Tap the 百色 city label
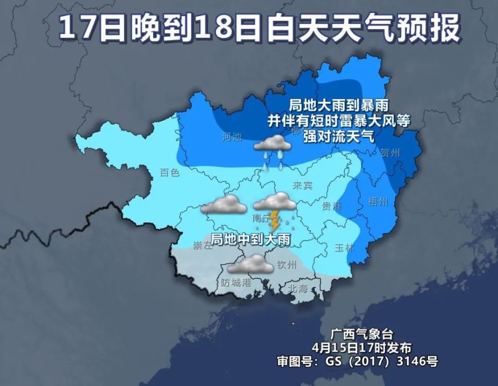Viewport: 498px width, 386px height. pyautogui.click(x=169, y=173)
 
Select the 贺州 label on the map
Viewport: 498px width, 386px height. pyautogui.click(x=390, y=153)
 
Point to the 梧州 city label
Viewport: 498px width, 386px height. pyautogui.click(x=377, y=202)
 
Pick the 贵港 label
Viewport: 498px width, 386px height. pyautogui.click(x=332, y=206)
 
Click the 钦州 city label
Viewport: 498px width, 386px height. pyautogui.click(x=287, y=265)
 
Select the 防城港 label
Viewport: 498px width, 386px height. pyautogui.click(x=236, y=283)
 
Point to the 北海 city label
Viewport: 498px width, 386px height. pyautogui.click(x=297, y=289)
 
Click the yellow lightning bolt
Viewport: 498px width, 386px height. pyautogui.click(x=274, y=221)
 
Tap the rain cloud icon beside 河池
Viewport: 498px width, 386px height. pyautogui.click(x=272, y=146)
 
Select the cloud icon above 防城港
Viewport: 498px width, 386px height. pyautogui.click(x=250, y=265)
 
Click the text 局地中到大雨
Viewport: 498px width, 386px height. pyautogui.click(x=250, y=239)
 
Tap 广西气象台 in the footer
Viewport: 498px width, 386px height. pyautogui.click(x=358, y=333)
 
